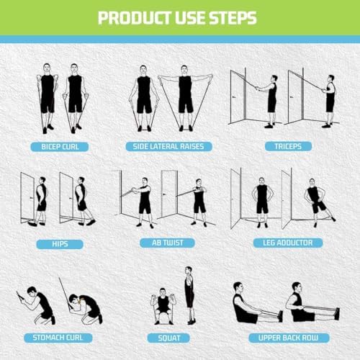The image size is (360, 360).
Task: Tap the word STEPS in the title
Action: [x=231, y=17]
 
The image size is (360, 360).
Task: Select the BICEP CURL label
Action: [x=60, y=147]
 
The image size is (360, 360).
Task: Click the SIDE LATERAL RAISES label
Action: [x=168, y=147]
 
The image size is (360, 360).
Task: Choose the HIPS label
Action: [x=60, y=243]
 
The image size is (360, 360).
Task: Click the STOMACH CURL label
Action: [x=56, y=337]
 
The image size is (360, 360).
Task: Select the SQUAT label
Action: [x=168, y=337]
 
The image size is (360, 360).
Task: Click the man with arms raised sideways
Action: [x=185, y=97]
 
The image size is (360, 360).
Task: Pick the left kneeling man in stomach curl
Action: [x=40, y=302]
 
